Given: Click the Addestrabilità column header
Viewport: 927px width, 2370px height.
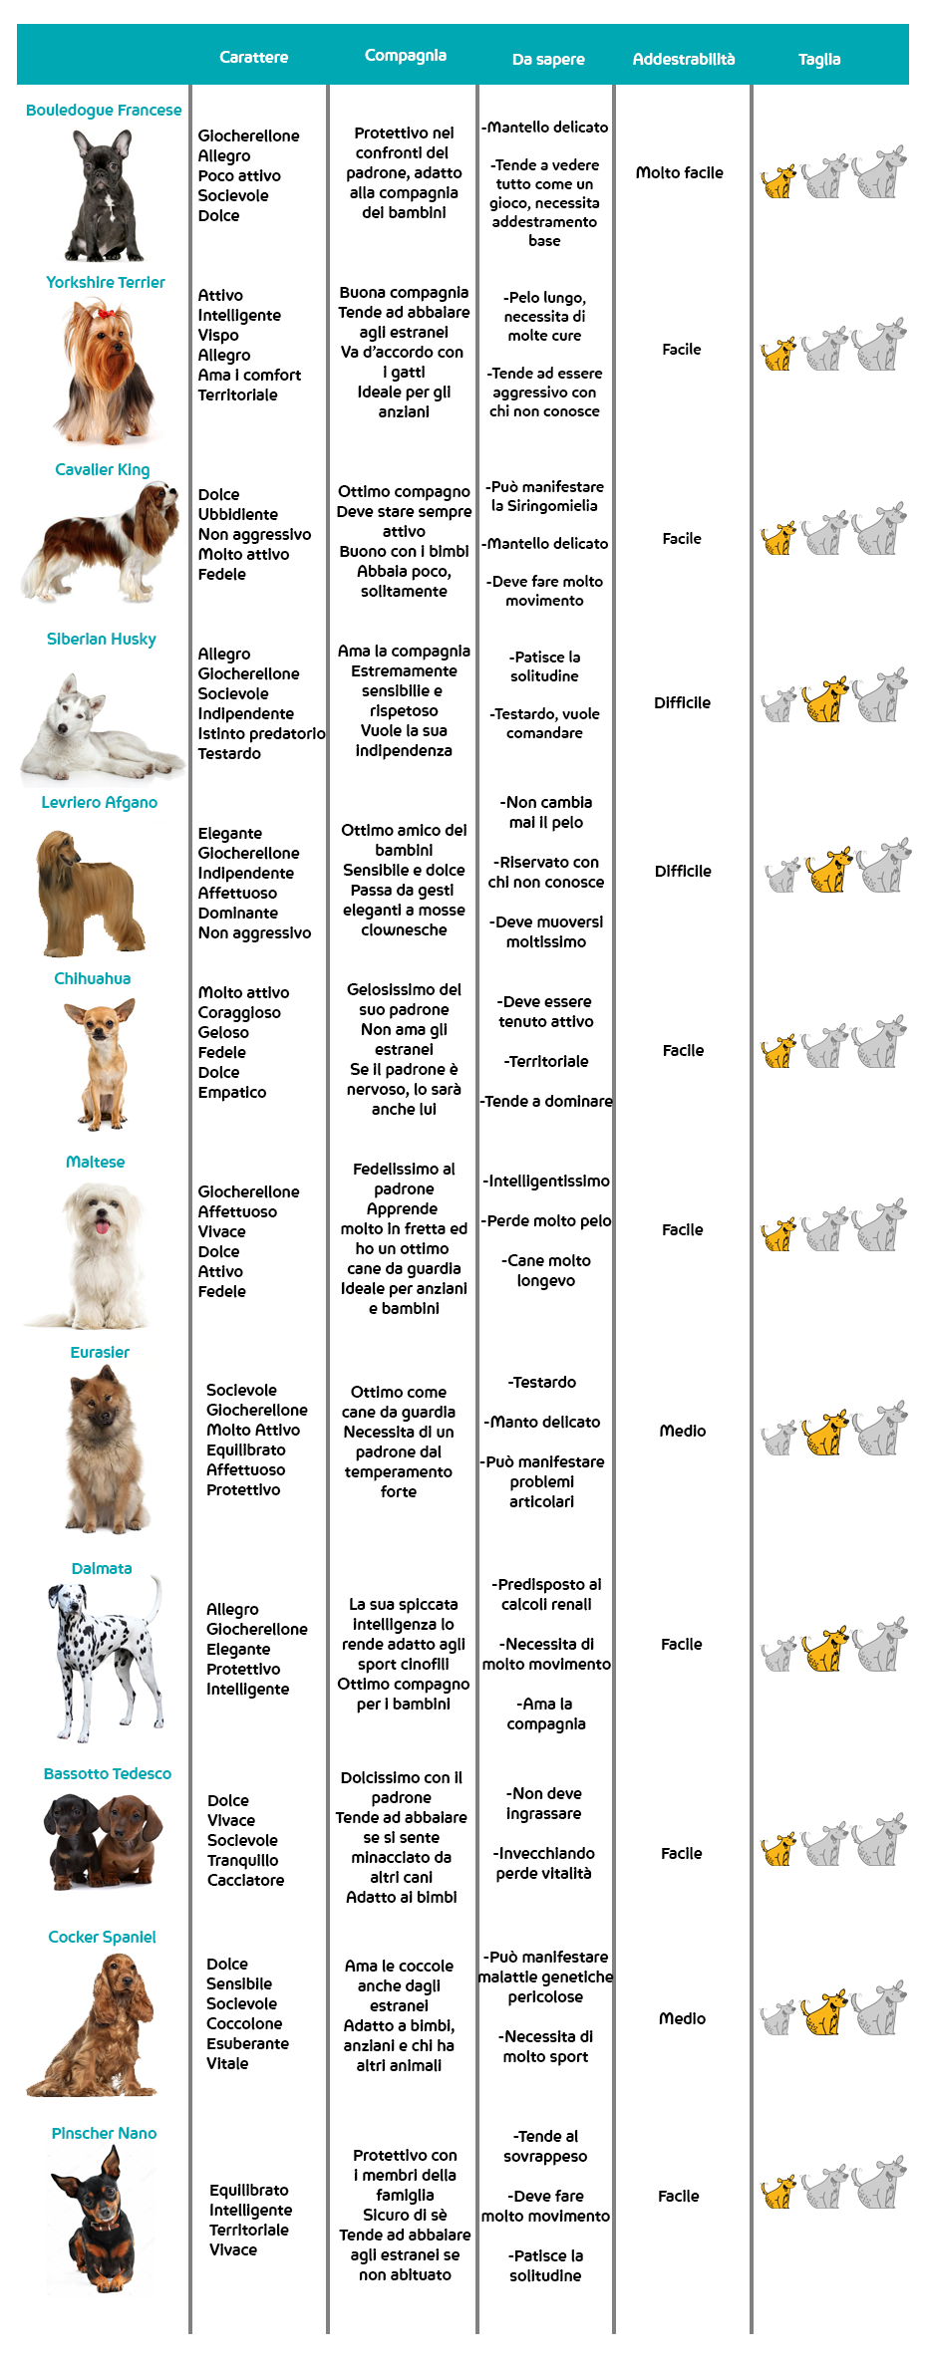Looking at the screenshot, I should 683,59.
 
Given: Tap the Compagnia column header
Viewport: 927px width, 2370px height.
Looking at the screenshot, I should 405,56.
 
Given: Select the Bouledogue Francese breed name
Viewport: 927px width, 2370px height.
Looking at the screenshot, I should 104,111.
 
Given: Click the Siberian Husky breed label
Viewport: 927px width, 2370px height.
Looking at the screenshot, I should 102,640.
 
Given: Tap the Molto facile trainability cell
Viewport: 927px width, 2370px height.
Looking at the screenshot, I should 680,173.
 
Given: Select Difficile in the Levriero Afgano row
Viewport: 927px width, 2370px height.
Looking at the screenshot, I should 683,872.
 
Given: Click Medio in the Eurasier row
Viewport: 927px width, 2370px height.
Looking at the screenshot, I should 683,1432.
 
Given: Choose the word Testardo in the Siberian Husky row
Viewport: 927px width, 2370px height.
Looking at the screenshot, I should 229,754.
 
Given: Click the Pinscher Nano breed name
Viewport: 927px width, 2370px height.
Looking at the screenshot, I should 104,2134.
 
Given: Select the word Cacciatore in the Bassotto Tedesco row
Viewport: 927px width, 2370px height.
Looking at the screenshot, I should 245,1881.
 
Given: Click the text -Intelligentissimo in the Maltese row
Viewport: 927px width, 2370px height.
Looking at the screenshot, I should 546,1182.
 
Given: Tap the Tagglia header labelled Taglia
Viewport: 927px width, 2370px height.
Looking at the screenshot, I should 819,60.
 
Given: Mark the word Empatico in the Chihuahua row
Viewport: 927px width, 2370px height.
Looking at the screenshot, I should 232,1093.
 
